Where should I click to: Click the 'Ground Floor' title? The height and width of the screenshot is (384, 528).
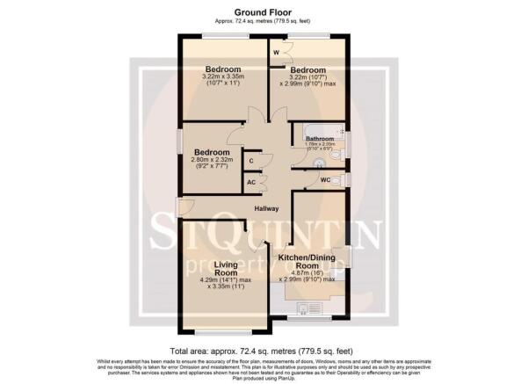coord(264,13)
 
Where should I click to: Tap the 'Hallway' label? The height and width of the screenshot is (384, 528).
coord(266,208)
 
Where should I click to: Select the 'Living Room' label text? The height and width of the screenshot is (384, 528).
coord(203,269)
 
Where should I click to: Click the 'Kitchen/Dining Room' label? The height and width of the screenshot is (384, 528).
coord(307,261)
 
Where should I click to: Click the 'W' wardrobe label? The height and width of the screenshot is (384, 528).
coord(276,54)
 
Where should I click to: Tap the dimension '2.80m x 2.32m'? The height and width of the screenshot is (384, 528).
coord(213,160)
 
